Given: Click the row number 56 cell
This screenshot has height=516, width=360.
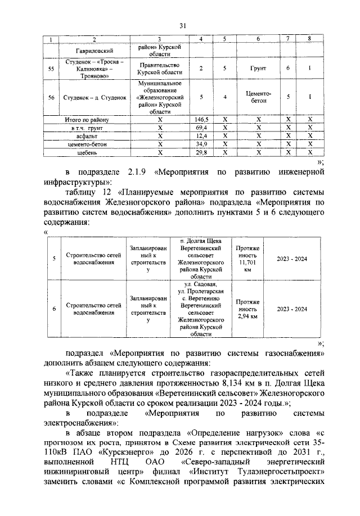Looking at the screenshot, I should point(52,97).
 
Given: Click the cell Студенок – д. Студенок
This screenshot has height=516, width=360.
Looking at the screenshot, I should point(94,97).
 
